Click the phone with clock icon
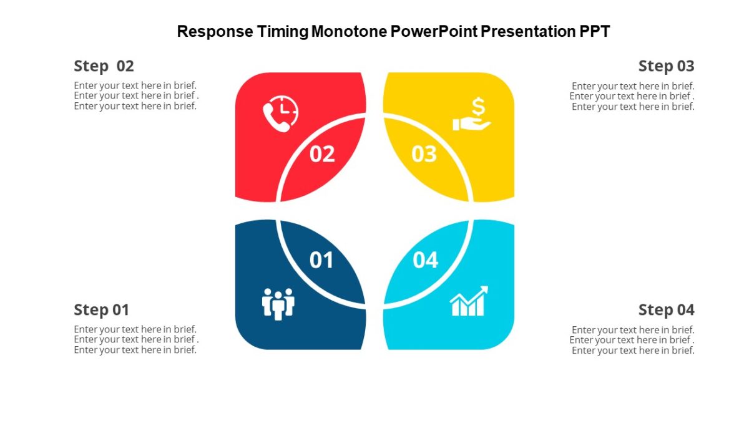coord(280,114)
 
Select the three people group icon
coord(278,304)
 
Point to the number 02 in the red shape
coord(322,154)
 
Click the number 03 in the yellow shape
coord(424,154)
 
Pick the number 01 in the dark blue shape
coord(321,260)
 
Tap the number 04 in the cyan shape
coord(426,260)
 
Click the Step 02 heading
coord(104,66)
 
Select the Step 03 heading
coord(666,66)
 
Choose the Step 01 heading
coord(101,310)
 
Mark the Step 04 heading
coord(666,310)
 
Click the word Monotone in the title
coord(348,31)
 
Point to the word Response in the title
coord(215,31)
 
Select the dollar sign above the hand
coord(478,106)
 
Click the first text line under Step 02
coord(135,85)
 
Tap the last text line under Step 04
coord(633,351)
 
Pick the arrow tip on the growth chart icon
coord(484,289)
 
